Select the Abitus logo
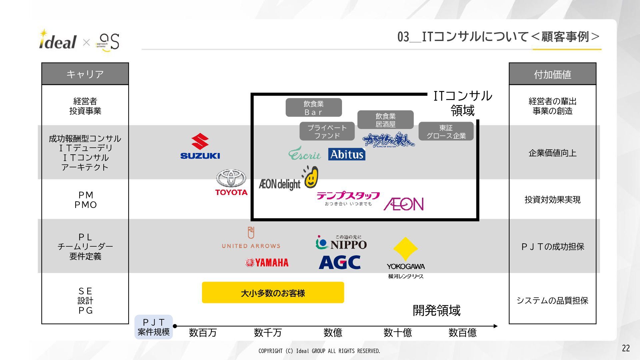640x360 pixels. (347, 154)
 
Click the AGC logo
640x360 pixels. (340, 262)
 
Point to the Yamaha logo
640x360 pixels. (267, 263)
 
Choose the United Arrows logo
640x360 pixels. (251, 238)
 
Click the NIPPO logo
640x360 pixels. (341, 243)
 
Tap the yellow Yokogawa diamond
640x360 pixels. (405, 249)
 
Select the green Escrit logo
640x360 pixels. (304, 154)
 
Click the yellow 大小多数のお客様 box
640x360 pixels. (273, 293)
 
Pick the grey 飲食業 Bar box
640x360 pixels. (313, 108)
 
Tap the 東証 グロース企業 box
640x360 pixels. (446, 132)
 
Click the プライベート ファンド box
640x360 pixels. (327, 132)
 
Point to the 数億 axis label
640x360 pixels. (333, 333)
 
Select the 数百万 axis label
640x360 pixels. (203, 333)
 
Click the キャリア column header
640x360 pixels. (85, 74)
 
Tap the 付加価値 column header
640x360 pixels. (552, 74)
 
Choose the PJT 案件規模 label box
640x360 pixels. (154, 327)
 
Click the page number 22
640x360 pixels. (626, 348)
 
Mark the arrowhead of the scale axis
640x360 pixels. (495, 326)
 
